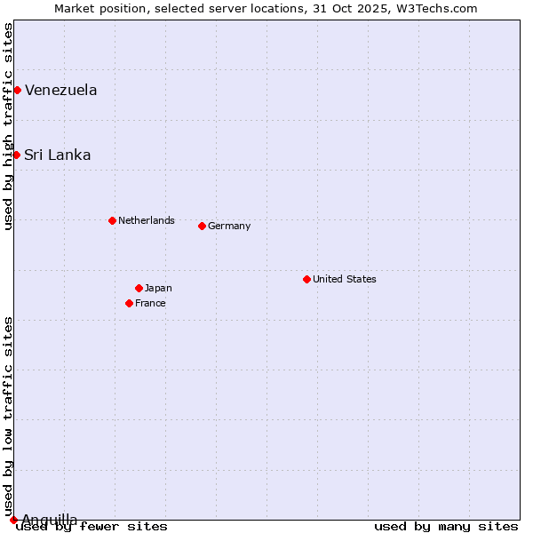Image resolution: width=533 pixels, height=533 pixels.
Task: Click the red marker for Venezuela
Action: [x=17, y=90]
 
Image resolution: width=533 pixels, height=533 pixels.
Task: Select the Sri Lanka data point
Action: [x=16, y=155]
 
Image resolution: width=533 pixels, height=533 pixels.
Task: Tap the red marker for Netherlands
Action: [x=112, y=220]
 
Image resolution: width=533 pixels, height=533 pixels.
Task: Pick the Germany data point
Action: [x=202, y=226]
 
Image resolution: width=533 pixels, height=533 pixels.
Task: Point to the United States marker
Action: [x=306, y=279]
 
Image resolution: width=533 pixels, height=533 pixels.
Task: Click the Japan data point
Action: [x=139, y=288]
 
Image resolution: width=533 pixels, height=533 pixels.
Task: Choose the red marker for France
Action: [x=129, y=303]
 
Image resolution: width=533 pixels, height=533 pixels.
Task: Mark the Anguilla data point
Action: [x=13, y=520]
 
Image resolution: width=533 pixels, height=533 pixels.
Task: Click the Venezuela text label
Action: [x=60, y=90]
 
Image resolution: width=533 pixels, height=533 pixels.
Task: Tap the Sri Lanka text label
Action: [x=57, y=155]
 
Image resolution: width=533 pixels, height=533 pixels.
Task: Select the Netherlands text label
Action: [x=147, y=220]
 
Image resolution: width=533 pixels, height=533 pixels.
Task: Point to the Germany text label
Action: [x=229, y=226]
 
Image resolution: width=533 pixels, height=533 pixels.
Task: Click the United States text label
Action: [x=345, y=279]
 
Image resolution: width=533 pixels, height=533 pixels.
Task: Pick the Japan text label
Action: [x=158, y=288]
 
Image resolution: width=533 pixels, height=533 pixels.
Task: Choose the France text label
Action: [x=150, y=303]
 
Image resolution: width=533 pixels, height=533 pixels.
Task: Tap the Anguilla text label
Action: [x=49, y=520]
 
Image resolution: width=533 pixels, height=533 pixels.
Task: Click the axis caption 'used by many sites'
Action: [x=446, y=526]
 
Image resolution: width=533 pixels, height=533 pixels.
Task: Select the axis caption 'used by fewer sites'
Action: [x=91, y=526]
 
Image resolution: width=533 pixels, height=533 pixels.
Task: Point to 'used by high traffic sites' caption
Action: [x=8, y=126]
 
